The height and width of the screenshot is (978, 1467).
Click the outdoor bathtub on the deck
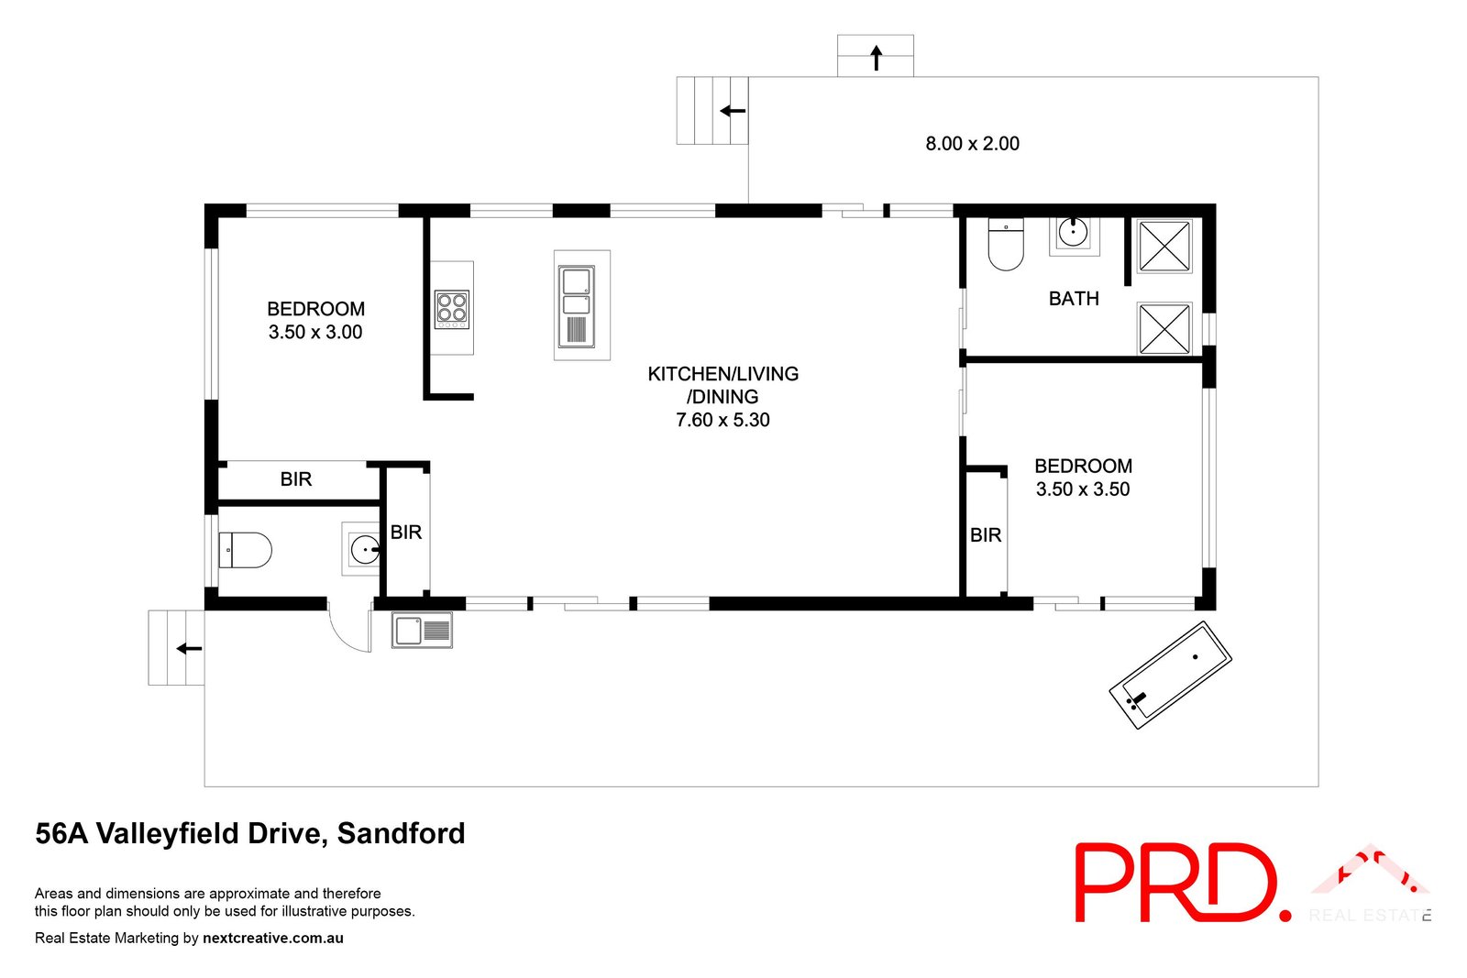(x=1171, y=675)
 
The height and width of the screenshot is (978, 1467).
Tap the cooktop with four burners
(x=451, y=309)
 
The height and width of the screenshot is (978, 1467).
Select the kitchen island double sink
(x=576, y=306)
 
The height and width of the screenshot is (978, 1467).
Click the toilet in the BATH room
(x=1006, y=245)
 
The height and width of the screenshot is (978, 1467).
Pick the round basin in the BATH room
(x=1073, y=233)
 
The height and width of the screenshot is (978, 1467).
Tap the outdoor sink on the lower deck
(x=422, y=631)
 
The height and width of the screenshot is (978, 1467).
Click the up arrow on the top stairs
(x=876, y=58)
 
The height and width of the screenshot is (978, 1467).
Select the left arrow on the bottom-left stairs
(x=189, y=649)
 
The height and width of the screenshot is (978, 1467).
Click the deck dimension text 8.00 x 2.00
(x=972, y=144)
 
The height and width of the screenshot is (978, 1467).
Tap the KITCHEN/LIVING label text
(x=722, y=374)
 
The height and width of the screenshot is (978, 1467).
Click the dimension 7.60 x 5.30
(x=722, y=421)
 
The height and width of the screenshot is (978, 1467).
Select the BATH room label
(x=1074, y=299)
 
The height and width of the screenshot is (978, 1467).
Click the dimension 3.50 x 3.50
(x=1083, y=489)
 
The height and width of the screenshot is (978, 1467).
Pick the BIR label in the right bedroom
(x=986, y=535)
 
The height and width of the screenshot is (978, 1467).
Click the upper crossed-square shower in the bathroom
(x=1164, y=246)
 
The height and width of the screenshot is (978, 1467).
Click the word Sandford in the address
(x=401, y=834)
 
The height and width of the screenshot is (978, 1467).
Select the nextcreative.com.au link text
(x=272, y=939)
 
